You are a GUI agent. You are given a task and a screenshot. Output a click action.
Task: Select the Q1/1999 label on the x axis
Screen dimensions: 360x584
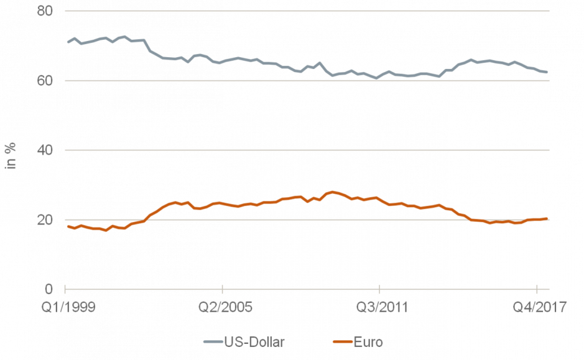coord(65,308)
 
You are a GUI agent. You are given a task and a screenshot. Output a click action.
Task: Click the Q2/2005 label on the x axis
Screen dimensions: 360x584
coord(222,308)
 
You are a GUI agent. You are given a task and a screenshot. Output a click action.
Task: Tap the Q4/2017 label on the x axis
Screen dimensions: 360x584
coord(536,308)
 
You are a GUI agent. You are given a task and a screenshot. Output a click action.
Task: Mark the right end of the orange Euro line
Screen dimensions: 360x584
coord(547,218)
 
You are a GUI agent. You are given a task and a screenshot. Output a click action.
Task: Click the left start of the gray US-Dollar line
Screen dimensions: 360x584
coord(68,42)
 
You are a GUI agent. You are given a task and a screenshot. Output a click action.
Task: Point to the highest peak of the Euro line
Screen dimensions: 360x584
coord(333,192)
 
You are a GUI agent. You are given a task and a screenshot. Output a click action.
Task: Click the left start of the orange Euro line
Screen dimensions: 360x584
coord(68,226)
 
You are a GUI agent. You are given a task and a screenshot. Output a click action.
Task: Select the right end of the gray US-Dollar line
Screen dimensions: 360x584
coord(547,72)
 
